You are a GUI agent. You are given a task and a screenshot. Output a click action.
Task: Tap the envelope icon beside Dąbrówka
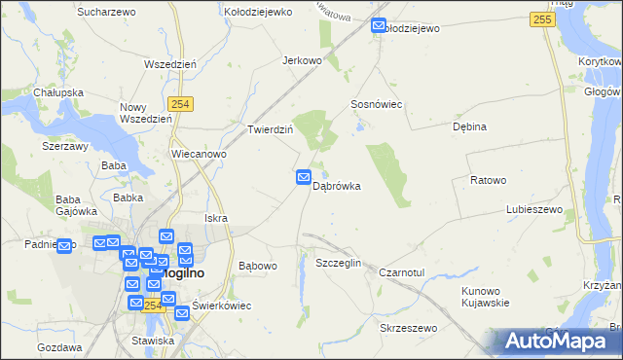pyautogui.click(x=304, y=177)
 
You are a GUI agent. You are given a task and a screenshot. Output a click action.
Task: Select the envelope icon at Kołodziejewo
pyautogui.click(x=380, y=27)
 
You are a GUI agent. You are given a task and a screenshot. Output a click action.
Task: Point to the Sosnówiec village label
pyautogui.click(x=377, y=104)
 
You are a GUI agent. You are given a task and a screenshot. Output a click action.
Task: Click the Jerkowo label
pyautogui.click(x=302, y=60)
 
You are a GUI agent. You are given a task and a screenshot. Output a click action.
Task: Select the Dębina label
pyautogui.click(x=469, y=126)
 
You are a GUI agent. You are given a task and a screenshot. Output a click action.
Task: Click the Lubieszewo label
pyautogui.click(x=535, y=209)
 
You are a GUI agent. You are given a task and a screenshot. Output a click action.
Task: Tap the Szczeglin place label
pyautogui.click(x=339, y=264)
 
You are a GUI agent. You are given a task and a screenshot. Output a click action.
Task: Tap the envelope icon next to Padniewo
pyautogui.click(x=66, y=245)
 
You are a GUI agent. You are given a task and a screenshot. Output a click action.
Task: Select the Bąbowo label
pyautogui.click(x=258, y=265)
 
